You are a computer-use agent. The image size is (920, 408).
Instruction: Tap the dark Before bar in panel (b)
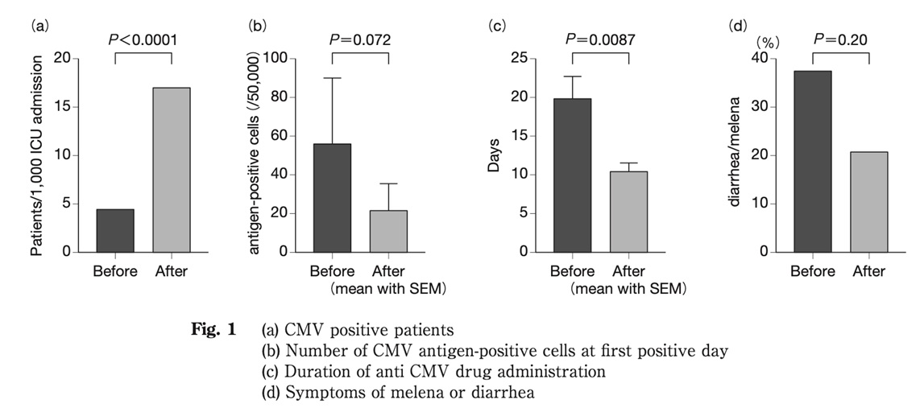tap(332, 197)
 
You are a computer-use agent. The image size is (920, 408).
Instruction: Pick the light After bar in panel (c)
tap(628, 211)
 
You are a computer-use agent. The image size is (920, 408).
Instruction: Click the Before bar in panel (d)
tap(812, 161)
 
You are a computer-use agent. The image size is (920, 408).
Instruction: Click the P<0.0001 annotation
tap(143, 39)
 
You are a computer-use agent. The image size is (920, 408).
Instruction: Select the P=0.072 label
tap(359, 39)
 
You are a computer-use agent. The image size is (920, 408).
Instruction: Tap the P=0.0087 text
tap(600, 39)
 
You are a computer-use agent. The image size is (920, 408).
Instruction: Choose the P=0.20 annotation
tap(840, 39)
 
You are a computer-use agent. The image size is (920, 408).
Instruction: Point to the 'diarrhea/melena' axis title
tap(736, 155)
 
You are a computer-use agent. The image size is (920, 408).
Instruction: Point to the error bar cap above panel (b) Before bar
tap(332, 78)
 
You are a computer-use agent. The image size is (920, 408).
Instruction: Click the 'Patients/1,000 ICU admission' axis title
tap(37, 155)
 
